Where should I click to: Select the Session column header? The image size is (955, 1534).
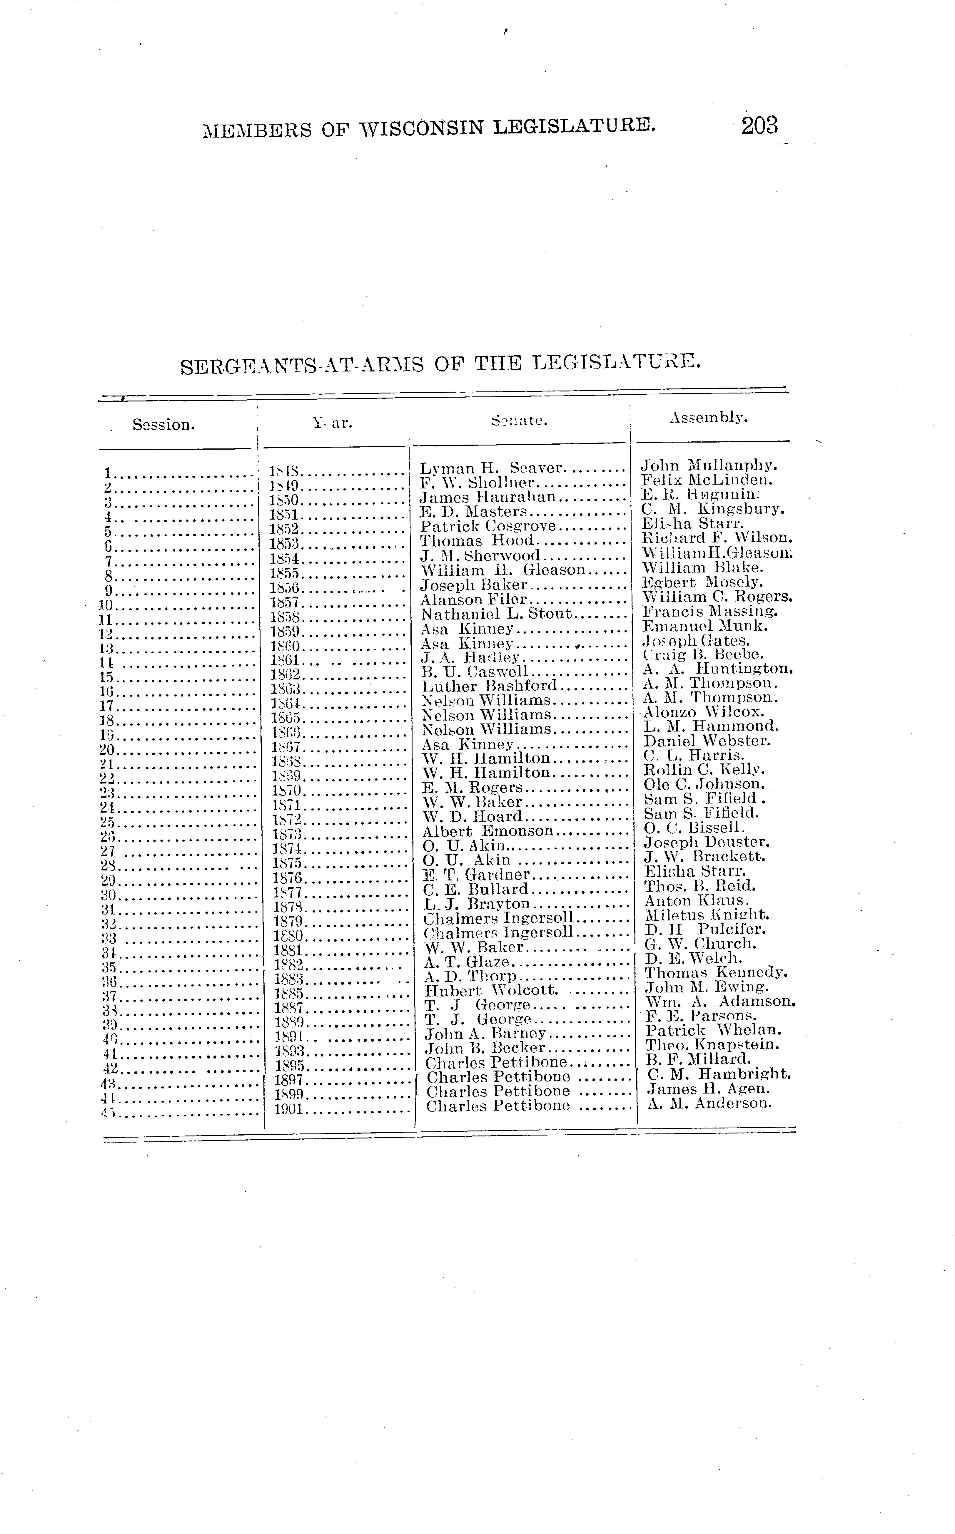(163, 425)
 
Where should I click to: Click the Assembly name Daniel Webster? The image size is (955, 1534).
(707, 741)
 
